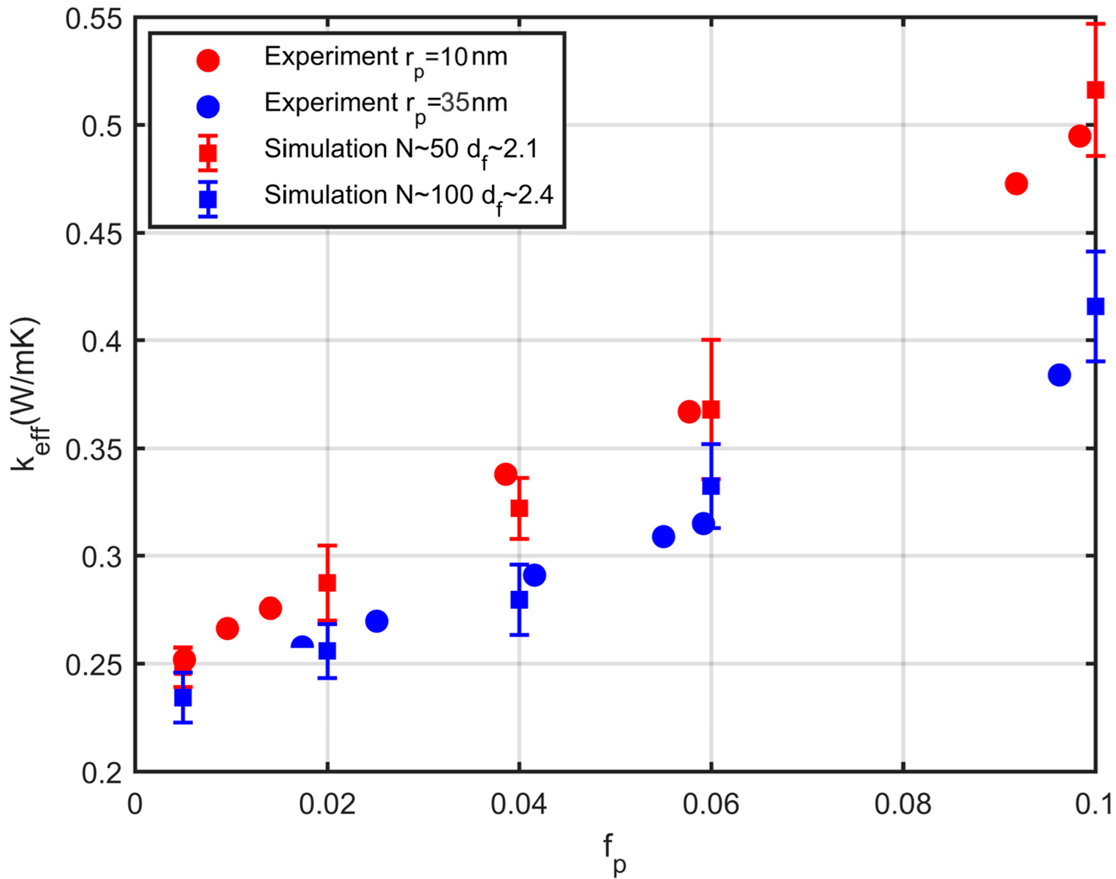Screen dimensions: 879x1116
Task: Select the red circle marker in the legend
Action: [x=208, y=60]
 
